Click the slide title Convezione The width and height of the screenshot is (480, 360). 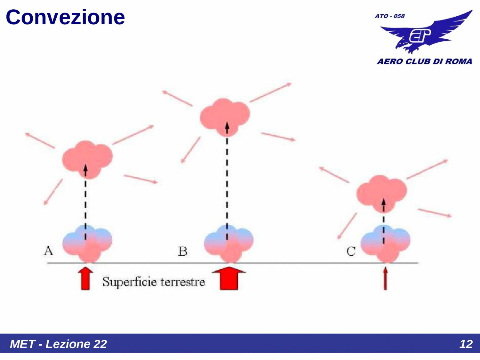tap(65, 17)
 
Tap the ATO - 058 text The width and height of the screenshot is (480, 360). tap(390, 16)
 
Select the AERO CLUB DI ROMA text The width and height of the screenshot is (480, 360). tap(424, 61)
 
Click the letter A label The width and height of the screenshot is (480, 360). tap(48, 251)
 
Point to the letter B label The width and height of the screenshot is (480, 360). tap(183, 252)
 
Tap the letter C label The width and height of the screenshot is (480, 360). tap(351, 252)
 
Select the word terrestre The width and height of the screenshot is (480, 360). tap(183, 282)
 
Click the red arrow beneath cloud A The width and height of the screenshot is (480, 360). tap(85, 279)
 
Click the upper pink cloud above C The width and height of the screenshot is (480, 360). tap(381, 193)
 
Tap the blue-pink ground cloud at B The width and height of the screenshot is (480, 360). tap(228, 243)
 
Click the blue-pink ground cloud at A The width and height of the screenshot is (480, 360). tap(87, 243)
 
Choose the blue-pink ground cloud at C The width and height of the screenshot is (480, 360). tap(386, 243)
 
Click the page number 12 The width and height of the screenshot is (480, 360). tap(466, 344)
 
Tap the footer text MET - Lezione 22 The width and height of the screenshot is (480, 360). tap(58, 344)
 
